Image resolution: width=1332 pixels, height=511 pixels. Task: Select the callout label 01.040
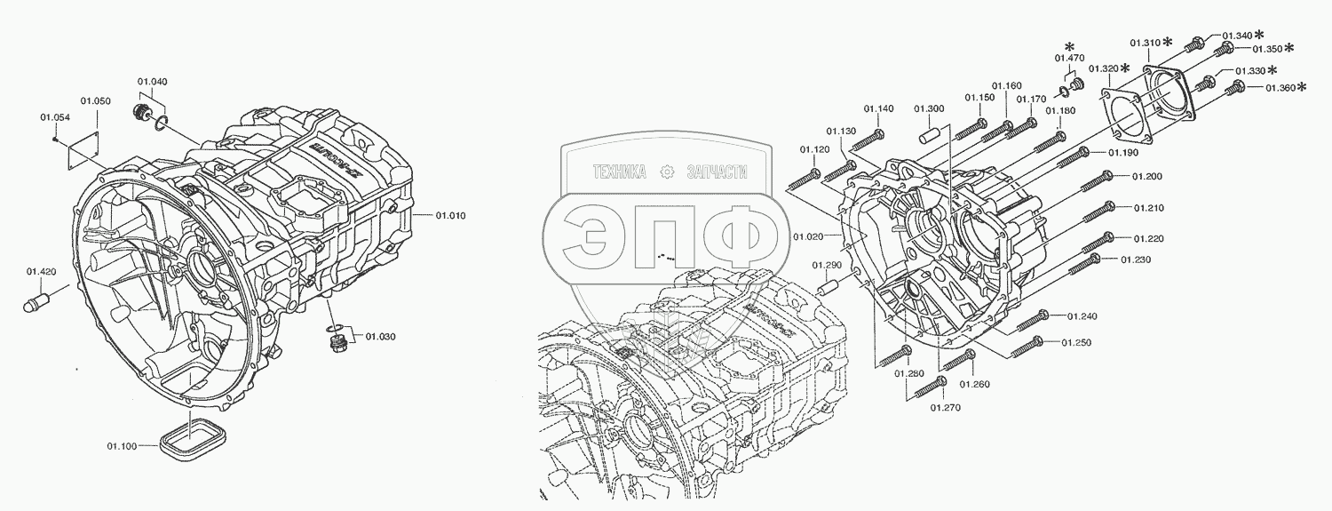(152, 82)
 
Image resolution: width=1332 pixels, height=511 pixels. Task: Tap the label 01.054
(55, 116)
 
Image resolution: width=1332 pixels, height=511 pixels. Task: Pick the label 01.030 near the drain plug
(380, 336)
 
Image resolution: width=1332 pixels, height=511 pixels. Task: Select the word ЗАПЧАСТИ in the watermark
(717, 172)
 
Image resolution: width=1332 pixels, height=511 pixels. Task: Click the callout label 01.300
(930, 108)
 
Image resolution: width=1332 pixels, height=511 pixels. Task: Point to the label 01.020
(810, 236)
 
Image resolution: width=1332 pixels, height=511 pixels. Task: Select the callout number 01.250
(1075, 342)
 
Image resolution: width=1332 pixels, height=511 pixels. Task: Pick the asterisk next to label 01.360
(1302, 86)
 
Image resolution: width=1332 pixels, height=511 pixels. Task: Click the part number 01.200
(1146, 176)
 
